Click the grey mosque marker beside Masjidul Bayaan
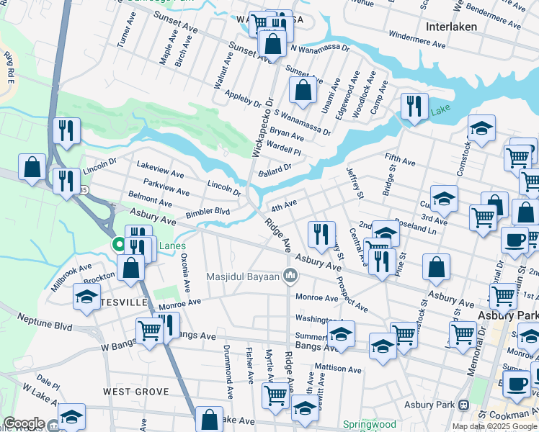pos(290,275)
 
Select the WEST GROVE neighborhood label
pos(135,392)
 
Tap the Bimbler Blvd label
pos(208,212)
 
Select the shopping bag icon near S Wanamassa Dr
pos(303,91)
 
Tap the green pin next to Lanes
pos(120,246)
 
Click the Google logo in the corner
pos(23,423)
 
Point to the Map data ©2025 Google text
pos(495,426)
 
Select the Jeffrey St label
pos(355,182)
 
